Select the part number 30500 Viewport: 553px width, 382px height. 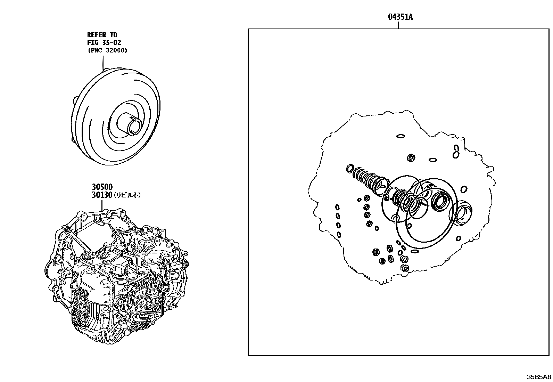click(102, 187)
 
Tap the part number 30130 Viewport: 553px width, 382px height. click(102, 195)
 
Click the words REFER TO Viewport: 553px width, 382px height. click(102, 35)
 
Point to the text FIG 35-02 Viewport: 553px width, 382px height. click(104, 43)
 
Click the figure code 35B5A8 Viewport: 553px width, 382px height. click(539, 377)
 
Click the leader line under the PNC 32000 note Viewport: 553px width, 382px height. click(103, 63)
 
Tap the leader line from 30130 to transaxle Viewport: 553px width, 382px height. click(103, 205)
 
